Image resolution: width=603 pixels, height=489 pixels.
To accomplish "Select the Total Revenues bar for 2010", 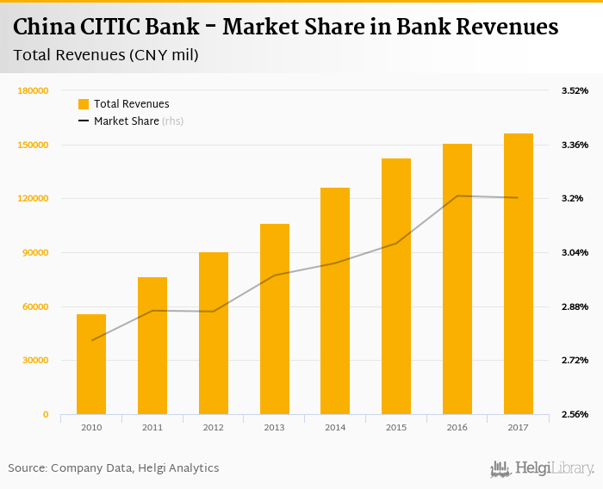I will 91,364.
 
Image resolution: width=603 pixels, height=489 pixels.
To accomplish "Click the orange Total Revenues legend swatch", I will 84,104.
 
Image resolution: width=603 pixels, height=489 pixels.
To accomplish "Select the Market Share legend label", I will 127,121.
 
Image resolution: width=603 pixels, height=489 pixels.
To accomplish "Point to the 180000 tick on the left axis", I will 33,90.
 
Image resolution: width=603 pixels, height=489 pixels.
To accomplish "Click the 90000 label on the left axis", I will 35,252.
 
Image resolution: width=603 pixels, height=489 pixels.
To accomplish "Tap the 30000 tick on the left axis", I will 35,361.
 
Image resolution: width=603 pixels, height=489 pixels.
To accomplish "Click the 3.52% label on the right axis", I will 575,90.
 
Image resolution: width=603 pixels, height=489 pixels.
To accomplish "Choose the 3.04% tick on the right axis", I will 575,252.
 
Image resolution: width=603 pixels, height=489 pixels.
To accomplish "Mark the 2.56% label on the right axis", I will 575,414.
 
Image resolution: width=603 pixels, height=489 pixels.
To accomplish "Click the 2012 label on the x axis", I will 213,427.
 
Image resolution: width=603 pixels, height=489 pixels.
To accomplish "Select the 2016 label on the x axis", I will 457,427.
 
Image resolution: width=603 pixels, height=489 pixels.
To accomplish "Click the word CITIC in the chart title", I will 111,28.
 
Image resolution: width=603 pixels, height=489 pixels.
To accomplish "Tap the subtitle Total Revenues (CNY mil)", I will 107,56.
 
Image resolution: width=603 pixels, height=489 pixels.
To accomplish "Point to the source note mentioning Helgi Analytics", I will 114,468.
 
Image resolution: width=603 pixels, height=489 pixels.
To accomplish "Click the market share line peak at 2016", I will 457,196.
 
